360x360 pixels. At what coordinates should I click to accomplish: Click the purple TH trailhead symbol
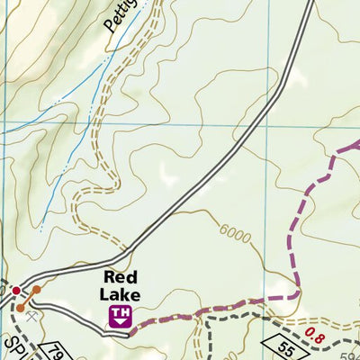[120, 315]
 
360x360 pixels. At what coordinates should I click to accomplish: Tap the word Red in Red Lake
[120, 277]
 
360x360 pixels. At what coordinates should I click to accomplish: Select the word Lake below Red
[121, 294]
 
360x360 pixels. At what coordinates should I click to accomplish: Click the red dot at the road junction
[16, 290]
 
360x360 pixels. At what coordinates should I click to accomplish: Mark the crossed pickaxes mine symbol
[32, 316]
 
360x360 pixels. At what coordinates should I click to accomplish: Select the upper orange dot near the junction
[37, 290]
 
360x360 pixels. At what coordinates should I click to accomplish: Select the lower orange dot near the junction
[20, 308]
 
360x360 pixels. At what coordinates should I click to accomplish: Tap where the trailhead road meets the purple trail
[131, 332]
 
